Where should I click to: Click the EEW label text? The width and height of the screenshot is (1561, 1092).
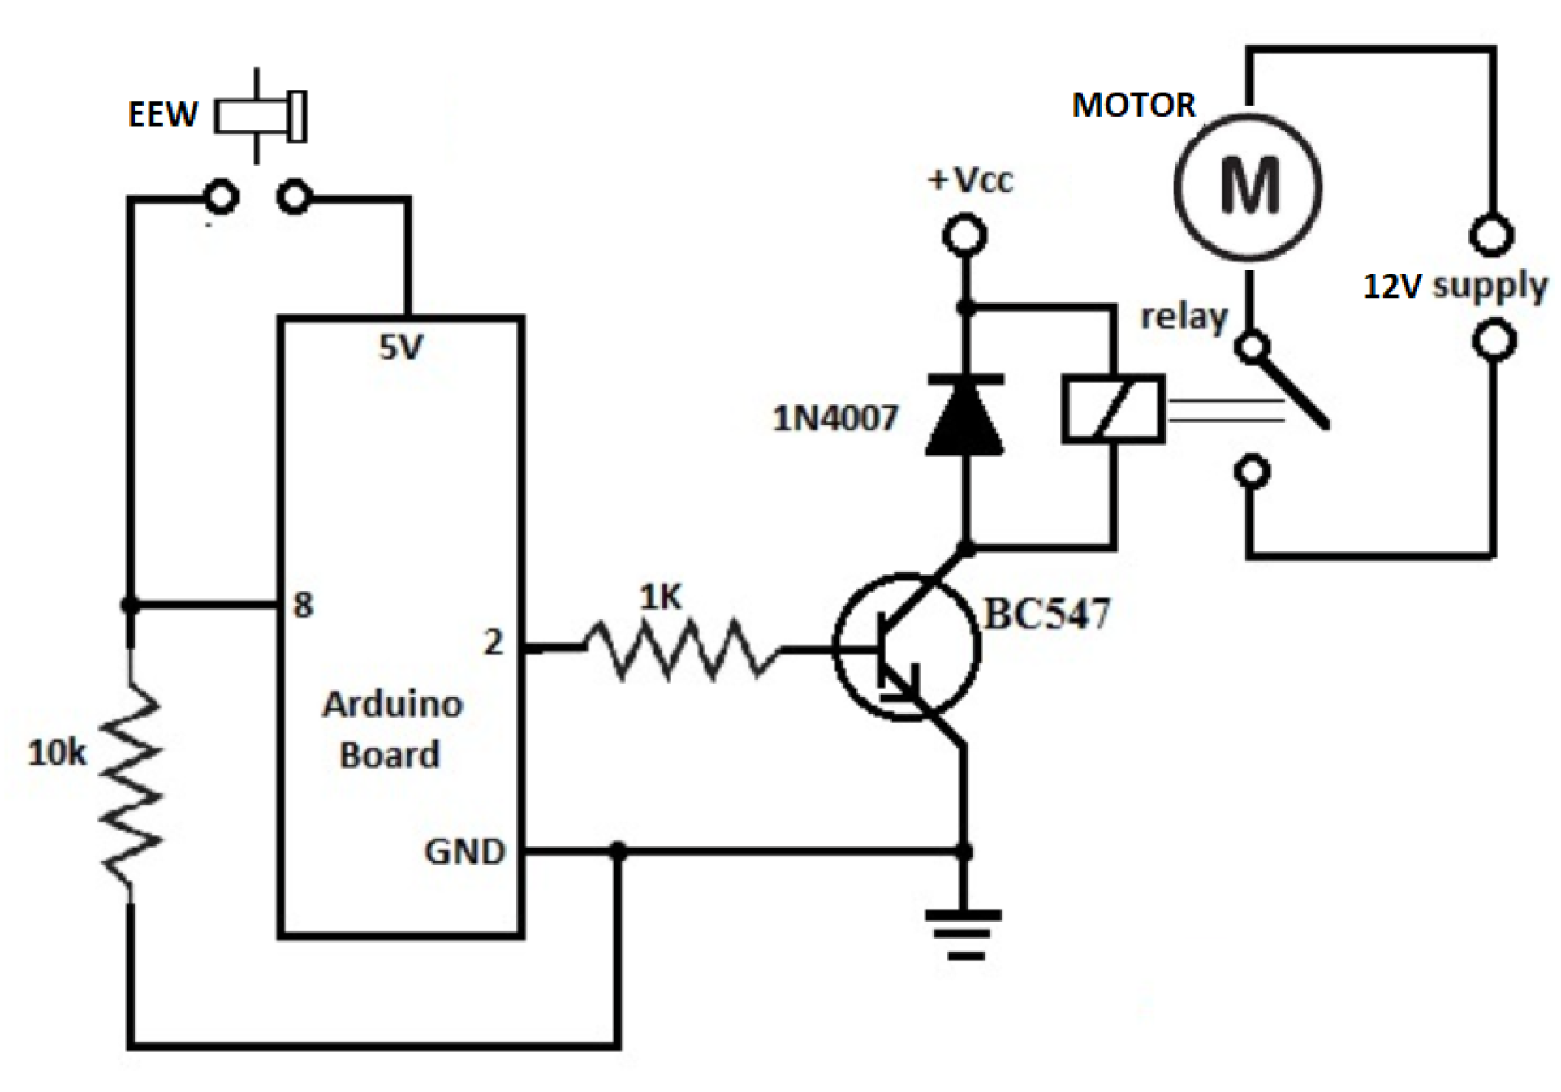(162, 114)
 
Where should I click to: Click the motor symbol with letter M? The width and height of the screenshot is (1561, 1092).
(1248, 187)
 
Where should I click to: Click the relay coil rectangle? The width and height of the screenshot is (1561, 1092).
(1114, 409)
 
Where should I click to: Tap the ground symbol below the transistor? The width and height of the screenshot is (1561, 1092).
(964, 934)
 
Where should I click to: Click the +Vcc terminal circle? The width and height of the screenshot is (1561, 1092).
(965, 236)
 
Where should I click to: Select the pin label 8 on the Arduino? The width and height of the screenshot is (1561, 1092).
(303, 605)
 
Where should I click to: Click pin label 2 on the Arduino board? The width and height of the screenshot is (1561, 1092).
(493, 642)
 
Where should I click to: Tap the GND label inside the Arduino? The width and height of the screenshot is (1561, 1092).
(464, 852)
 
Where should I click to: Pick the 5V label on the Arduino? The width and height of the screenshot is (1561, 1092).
(401, 347)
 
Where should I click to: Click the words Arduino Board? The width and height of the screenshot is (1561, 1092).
(392, 729)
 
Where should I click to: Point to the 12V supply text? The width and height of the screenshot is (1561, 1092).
(1455, 286)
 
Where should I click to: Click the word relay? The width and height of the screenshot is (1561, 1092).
(1184, 317)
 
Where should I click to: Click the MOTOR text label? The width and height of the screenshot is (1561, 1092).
(1133, 106)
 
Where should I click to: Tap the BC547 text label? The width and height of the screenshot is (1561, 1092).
(1046, 615)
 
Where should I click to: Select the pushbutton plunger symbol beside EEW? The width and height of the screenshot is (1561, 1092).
(260, 116)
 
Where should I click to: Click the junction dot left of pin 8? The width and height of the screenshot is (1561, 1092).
(130, 605)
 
